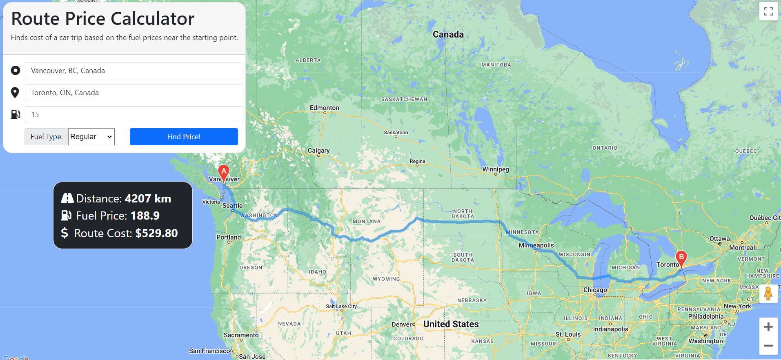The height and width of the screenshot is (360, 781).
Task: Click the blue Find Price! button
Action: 184,137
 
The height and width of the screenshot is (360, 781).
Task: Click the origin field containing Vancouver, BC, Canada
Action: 134,71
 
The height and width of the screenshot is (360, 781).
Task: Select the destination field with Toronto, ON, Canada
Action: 134,93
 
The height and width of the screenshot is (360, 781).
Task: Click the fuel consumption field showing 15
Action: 134,115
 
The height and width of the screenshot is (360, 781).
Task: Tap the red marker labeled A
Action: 224,172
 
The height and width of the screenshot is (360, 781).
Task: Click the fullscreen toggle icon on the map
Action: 768,11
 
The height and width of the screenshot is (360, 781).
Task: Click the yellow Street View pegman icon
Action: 768,293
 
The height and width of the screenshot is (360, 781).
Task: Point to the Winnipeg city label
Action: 496,169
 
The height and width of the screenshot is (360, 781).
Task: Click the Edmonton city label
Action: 325,108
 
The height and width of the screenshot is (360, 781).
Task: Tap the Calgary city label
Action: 318,151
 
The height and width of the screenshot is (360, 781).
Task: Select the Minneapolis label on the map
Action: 536,245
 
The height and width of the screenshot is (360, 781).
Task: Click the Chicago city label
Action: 595,290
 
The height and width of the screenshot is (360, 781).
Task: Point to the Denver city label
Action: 402,324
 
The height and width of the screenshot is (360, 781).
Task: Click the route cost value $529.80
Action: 156,233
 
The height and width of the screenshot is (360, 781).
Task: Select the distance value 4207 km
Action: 148,198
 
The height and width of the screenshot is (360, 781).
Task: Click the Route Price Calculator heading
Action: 103,19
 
